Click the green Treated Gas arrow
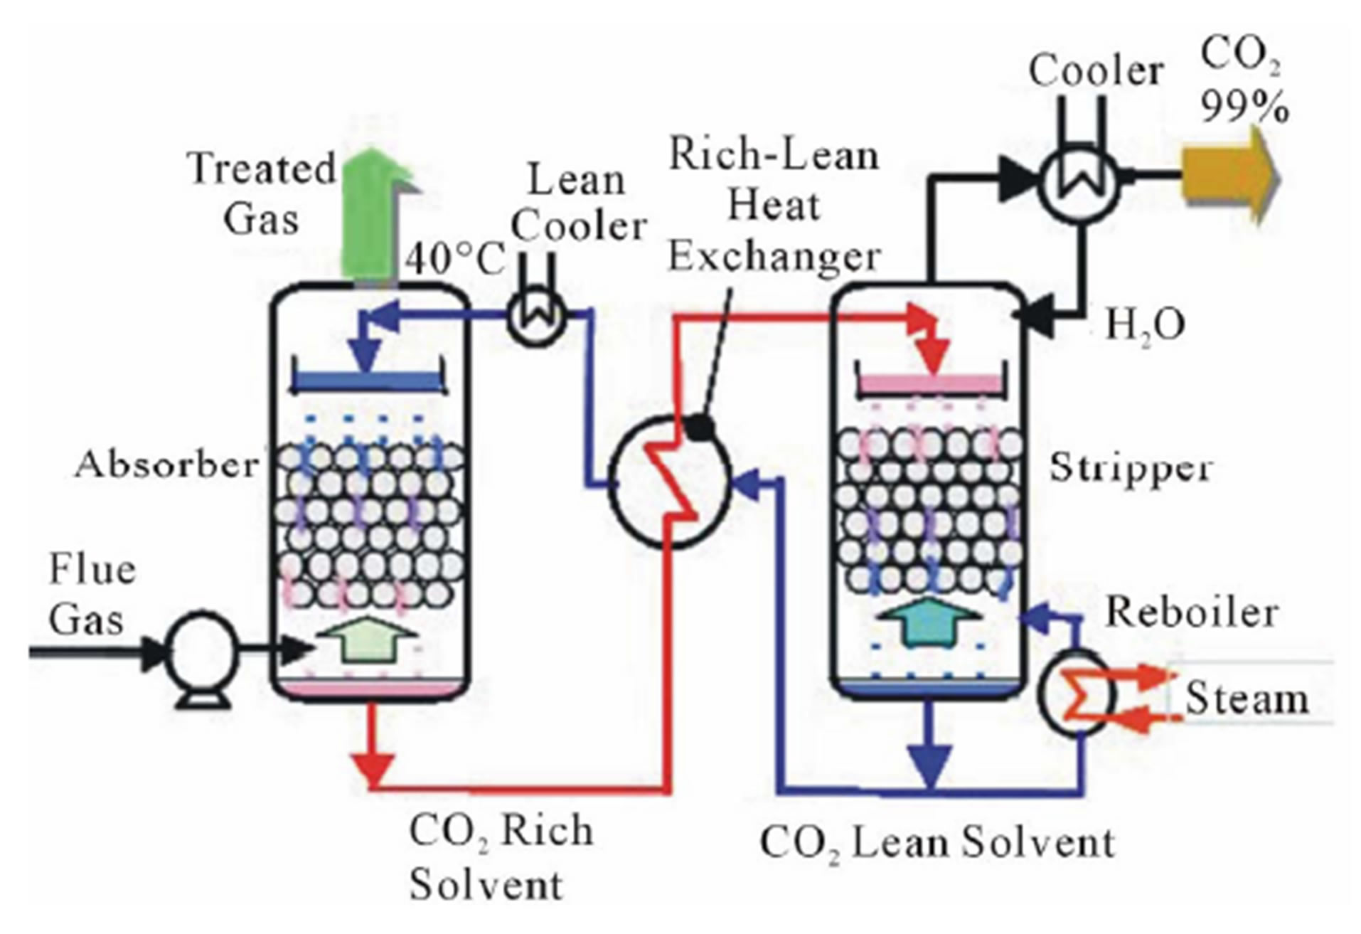(370, 221)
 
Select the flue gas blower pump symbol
(202, 649)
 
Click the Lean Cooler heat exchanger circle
(538, 317)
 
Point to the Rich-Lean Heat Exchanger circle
(670, 481)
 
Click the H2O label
(1145, 325)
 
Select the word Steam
(1247, 698)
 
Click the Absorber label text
(168, 465)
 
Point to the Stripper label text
(1131, 468)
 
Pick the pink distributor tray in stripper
(929, 383)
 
